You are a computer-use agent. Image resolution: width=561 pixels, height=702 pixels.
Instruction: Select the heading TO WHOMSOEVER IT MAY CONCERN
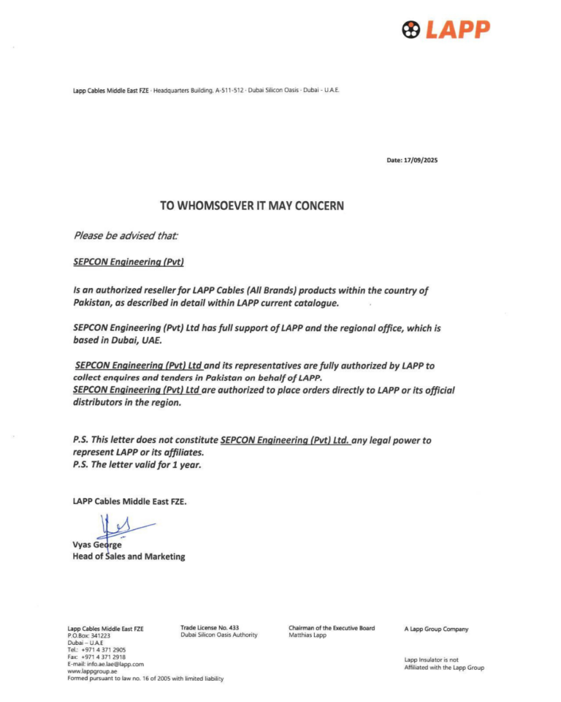252,206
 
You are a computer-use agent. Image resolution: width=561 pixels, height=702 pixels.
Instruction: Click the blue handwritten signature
121,526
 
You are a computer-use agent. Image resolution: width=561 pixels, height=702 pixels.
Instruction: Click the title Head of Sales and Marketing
129,556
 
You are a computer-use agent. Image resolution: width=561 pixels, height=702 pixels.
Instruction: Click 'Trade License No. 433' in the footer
210,628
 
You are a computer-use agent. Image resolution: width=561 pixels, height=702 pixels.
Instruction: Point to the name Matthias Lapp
308,635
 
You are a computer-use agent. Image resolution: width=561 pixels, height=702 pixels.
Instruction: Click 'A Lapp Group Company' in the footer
436,629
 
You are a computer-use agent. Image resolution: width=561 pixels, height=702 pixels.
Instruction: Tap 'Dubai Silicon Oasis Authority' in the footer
219,635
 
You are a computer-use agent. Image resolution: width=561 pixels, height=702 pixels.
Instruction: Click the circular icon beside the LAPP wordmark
412,29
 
